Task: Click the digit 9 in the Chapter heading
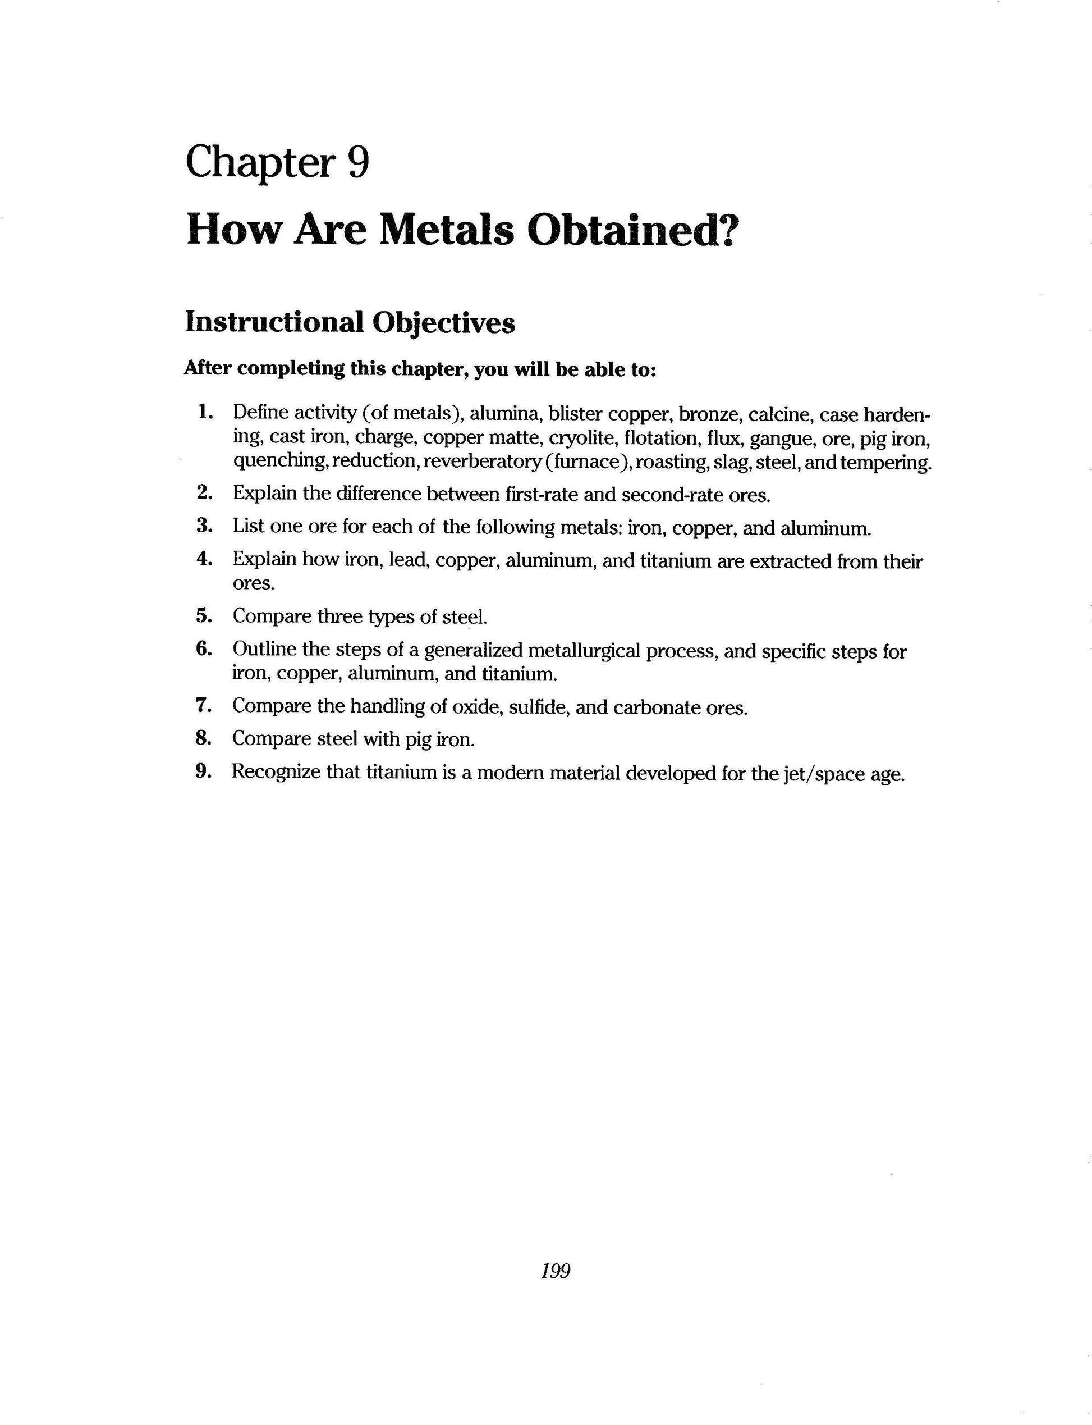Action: tap(358, 162)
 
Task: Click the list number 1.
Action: tap(205, 412)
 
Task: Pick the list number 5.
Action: tap(205, 615)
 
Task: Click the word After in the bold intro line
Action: tap(208, 368)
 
